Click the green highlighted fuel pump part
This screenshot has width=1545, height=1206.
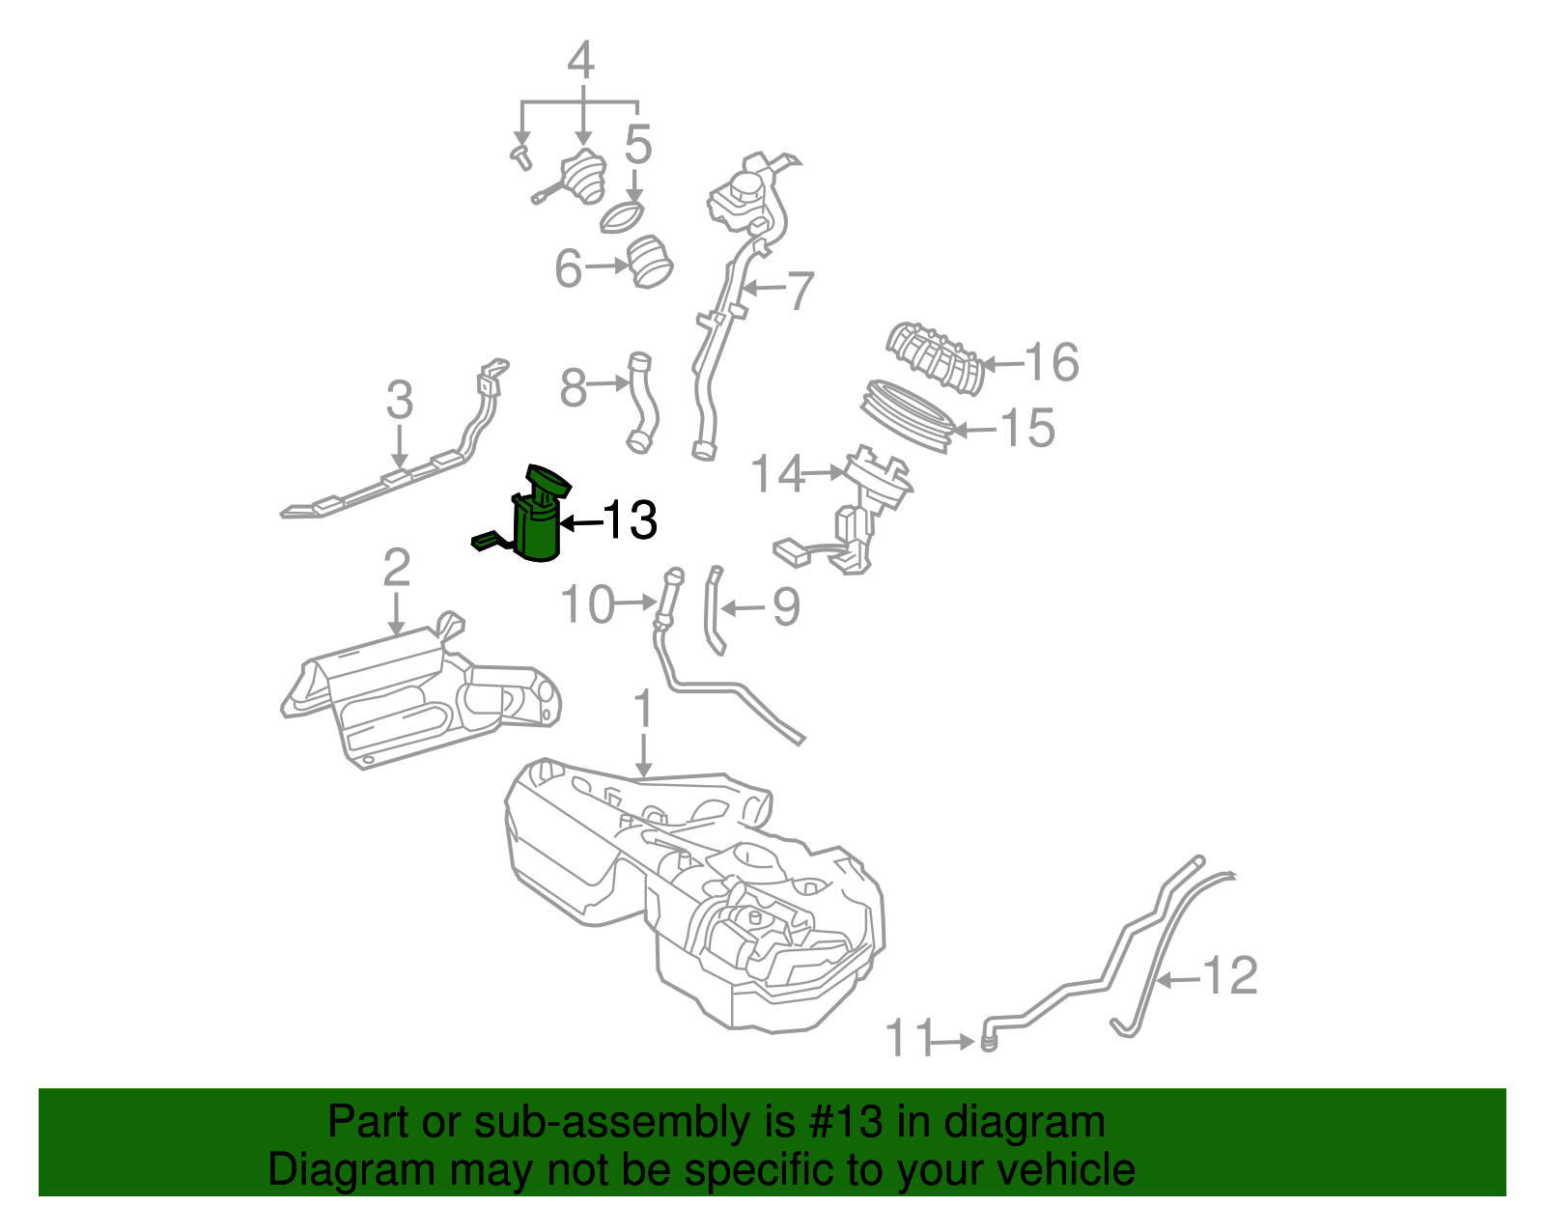537,526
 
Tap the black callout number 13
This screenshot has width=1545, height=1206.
630,520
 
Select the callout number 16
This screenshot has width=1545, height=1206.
1052,363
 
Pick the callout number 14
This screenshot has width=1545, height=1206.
776,474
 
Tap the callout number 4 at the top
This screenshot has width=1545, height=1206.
580,62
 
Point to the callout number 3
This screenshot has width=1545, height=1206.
399,400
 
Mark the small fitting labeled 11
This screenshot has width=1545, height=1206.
988,1042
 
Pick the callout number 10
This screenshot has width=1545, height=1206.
587,605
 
